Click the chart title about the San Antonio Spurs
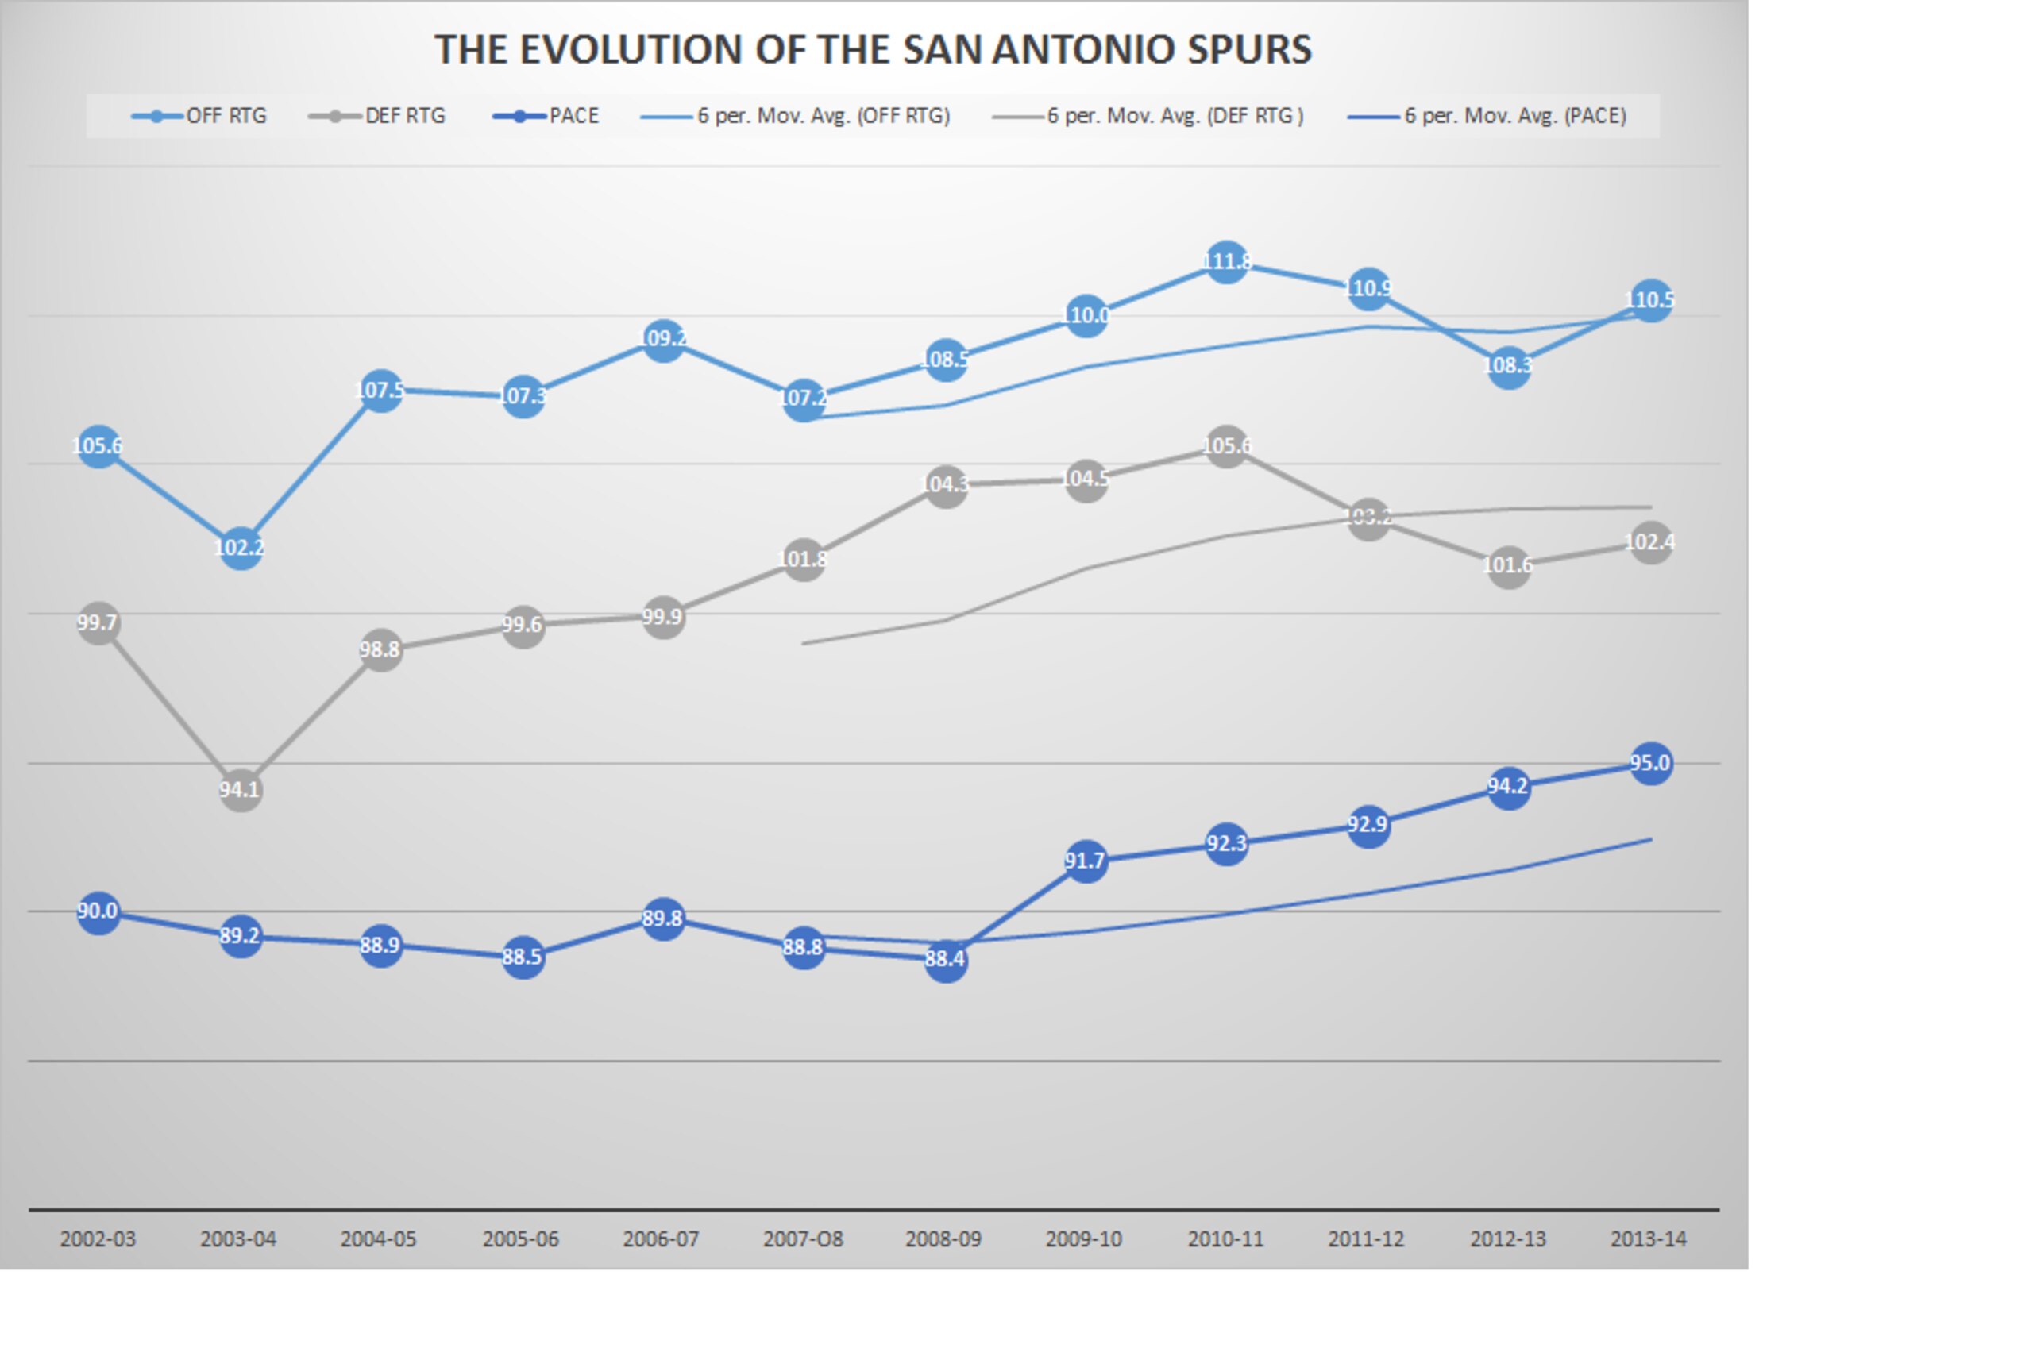[x=873, y=49]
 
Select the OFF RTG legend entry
[x=199, y=116]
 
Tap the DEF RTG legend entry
[x=376, y=116]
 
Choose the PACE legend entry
[x=545, y=116]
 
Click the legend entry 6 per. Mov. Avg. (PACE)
[x=1487, y=116]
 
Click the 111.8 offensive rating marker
[x=1226, y=261]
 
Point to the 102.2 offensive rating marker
[x=240, y=548]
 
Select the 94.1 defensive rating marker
[x=240, y=790]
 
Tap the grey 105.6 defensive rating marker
[x=1226, y=446]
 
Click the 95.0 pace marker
[x=1649, y=764]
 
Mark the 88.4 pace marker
[x=945, y=960]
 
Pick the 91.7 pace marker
[x=1085, y=861]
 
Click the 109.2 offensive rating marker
[x=662, y=339]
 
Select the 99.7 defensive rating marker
[x=98, y=622]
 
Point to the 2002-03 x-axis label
[x=98, y=1239]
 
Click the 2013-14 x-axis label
[x=1648, y=1239]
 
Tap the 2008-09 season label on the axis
[x=943, y=1239]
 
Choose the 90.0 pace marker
[x=98, y=911]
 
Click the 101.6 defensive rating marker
[x=1508, y=565]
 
